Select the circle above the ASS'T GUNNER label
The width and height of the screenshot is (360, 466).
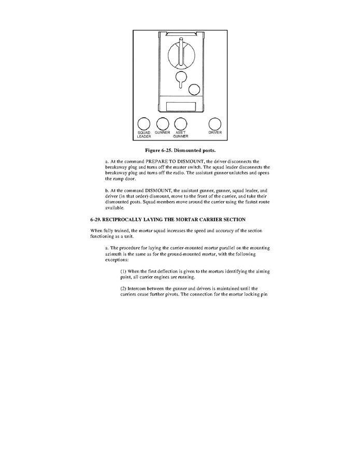(x=180, y=124)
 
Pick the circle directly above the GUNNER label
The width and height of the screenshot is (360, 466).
(x=163, y=124)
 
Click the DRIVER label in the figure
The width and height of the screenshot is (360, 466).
(x=215, y=133)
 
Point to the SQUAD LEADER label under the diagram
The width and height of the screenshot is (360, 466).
(x=144, y=135)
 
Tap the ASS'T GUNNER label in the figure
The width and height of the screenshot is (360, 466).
(x=180, y=135)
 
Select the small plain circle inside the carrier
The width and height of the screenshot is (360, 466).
(x=194, y=89)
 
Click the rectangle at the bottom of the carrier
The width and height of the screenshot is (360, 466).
(x=181, y=107)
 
